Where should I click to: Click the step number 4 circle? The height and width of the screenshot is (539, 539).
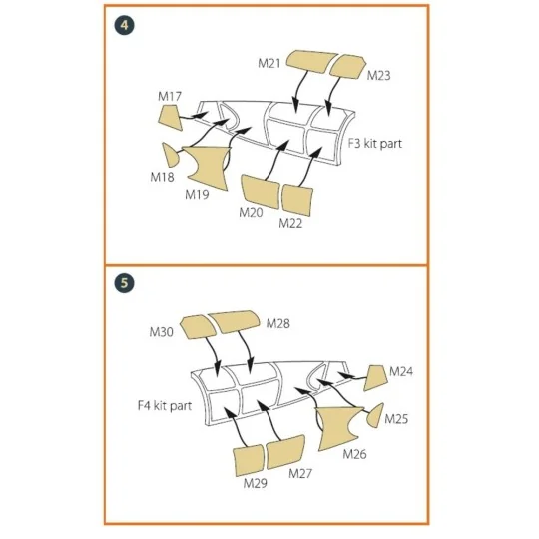point(123,25)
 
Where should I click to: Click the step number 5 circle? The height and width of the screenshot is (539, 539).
point(123,283)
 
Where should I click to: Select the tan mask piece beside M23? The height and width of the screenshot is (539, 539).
point(345,67)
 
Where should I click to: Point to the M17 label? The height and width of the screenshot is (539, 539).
point(170,97)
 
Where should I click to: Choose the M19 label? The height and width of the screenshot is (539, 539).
point(197,194)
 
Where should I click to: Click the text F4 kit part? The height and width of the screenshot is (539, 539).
point(164,406)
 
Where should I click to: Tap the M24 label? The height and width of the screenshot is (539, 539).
point(401,371)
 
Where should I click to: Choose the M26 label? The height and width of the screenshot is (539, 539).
point(354,453)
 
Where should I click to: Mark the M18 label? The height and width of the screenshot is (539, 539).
point(163,176)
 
